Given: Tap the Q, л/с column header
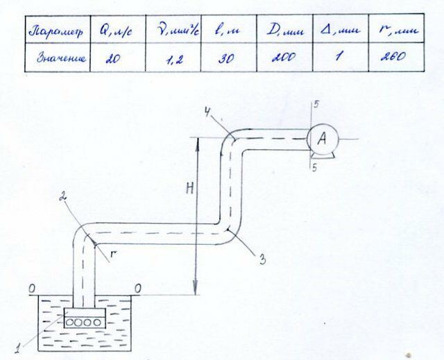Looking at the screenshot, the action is (x=119, y=32).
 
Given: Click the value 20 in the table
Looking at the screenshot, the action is (x=113, y=59).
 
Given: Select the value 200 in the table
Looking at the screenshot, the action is (x=280, y=59).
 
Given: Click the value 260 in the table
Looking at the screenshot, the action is (x=393, y=59).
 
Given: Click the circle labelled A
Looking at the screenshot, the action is (x=321, y=139).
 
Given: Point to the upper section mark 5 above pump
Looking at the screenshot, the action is (x=316, y=104).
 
